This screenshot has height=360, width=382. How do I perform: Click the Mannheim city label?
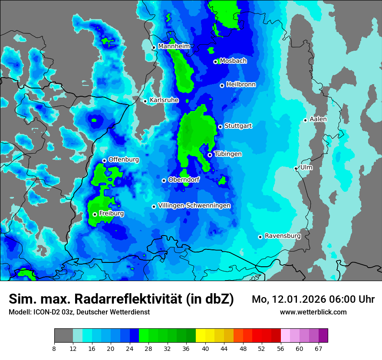(174, 46)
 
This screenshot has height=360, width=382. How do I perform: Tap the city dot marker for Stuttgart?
(220, 127)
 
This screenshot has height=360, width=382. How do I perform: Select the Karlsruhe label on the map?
(164, 100)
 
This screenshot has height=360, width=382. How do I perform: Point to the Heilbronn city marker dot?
(222, 85)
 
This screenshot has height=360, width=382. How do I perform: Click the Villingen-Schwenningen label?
(194, 206)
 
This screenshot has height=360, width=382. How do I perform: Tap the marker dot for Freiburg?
(95, 214)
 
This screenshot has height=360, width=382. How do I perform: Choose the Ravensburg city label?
(283, 236)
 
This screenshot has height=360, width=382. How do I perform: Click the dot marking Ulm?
(296, 168)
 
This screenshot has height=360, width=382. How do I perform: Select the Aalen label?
(318, 119)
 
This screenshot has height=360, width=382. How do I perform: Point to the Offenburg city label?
(124, 160)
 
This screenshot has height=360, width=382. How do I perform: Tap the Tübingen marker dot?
(210, 155)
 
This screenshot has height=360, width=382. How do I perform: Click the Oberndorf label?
(184, 180)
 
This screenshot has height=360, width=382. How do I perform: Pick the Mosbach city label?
(233, 61)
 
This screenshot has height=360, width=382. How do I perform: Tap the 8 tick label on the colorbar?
(54, 348)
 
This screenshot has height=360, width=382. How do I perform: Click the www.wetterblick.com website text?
(313, 312)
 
